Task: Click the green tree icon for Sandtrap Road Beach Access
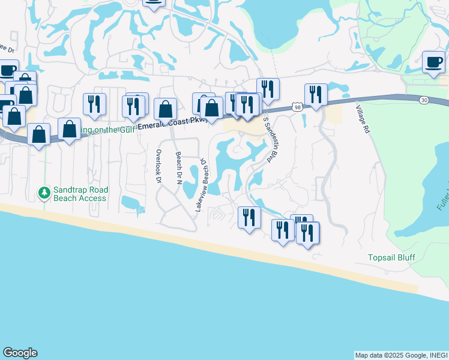(x=44, y=193)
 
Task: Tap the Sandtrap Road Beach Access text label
(x=80, y=193)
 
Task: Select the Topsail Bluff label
(x=391, y=258)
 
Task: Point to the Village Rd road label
(x=364, y=119)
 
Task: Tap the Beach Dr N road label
(x=178, y=168)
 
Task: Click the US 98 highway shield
(x=298, y=107)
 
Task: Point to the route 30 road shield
(x=426, y=99)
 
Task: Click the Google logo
(x=20, y=353)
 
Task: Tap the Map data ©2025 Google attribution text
(x=401, y=355)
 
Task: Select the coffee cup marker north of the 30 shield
(x=433, y=62)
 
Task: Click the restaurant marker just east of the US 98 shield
(x=316, y=94)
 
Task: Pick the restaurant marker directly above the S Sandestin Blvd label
(x=268, y=89)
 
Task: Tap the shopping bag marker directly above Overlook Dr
(x=165, y=109)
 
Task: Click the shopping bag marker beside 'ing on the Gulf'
(x=69, y=129)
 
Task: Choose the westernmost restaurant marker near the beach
(x=249, y=217)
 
